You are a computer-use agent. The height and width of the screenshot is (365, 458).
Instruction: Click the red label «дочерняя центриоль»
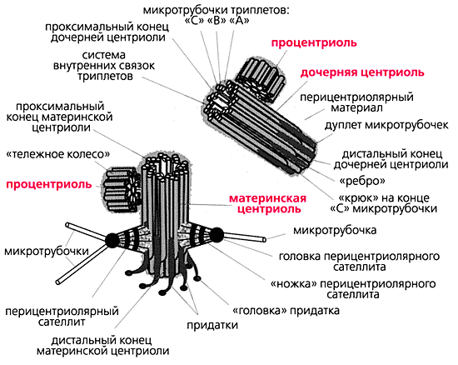pyautogui.click(x=362, y=72)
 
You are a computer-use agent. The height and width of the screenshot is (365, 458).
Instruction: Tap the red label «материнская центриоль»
pyautogui.click(x=268, y=203)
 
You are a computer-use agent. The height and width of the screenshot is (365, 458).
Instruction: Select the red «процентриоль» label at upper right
pyautogui.click(x=314, y=43)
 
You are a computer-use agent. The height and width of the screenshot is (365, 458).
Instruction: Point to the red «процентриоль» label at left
pyautogui.click(x=49, y=185)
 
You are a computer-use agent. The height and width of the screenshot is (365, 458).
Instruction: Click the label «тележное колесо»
pyautogui.click(x=58, y=154)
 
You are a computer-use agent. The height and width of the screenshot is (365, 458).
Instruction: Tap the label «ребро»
pyautogui.click(x=362, y=181)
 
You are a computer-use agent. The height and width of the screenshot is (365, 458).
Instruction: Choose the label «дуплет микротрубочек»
pyautogui.click(x=386, y=125)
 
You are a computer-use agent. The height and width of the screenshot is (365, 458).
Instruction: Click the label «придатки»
pyautogui.click(x=212, y=325)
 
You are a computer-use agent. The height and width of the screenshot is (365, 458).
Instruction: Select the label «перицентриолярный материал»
pyautogui.click(x=356, y=102)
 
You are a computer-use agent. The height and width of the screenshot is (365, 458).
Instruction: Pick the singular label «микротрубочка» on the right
pyautogui.click(x=335, y=230)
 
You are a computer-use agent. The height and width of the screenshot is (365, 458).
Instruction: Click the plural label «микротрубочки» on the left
pyautogui.click(x=47, y=251)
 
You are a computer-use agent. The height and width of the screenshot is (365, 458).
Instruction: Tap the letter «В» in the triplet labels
pyautogui.click(x=217, y=21)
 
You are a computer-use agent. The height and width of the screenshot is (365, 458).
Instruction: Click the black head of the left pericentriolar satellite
pyautogui.click(x=112, y=240)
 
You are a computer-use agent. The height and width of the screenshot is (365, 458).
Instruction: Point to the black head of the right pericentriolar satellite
pyautogui.click(x=217, y=235)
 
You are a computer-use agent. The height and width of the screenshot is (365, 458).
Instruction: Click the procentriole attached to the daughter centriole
pyautogui.click(x=261, y=79)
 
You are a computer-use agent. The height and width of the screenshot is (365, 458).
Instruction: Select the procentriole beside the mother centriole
pyautogui.click(x=122, y=190)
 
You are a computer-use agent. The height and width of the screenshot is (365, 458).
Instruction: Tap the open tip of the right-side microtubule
pyautogui.click(x=264, y=240)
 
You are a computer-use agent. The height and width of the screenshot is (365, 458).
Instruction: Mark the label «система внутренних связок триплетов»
pyautogui.click(x=104, y=66)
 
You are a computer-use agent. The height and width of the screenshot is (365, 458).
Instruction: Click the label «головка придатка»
pyautogui.click(x=286, y=310)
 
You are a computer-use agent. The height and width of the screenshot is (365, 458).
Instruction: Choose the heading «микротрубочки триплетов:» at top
pyautogui.click(x=216, y=10)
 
